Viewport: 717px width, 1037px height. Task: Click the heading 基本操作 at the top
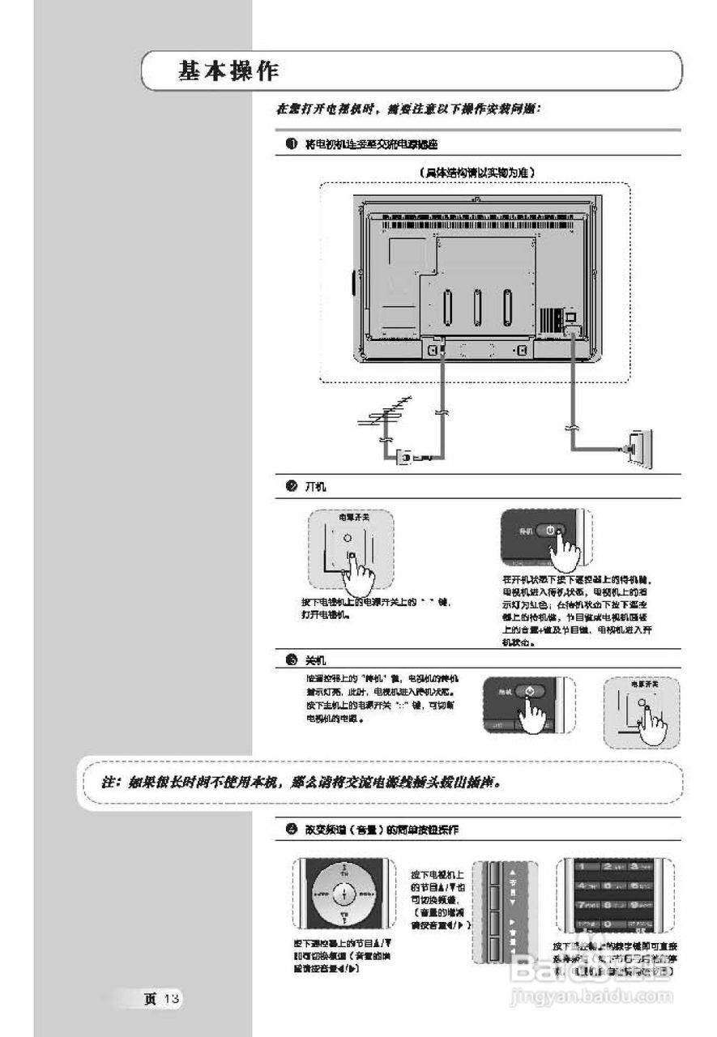tap(228, 71)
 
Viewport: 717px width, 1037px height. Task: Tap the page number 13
tap(171, 998)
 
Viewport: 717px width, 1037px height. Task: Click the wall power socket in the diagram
tap(639, 447)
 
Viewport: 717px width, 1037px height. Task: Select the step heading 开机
tap(315, 486)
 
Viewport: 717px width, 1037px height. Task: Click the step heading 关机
tap(315, 660)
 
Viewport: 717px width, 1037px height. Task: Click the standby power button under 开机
tap(550, 531)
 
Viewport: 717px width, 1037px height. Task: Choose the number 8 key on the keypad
tap(613, 904)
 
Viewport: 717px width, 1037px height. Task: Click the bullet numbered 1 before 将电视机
tap(290, 144)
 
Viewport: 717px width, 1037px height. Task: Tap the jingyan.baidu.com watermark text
tap(591, 995)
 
